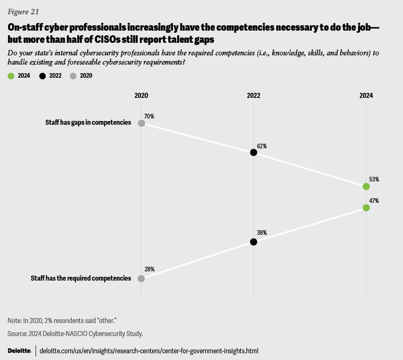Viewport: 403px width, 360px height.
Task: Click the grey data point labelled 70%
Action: [141, 123]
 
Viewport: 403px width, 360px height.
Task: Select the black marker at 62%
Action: [254, 152]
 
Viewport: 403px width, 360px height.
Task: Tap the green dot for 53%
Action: [366, 186]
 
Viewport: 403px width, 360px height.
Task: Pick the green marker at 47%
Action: [366, 208]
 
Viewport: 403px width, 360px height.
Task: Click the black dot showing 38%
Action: [254, 242]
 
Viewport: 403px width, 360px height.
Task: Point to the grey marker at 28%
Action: [141, 279]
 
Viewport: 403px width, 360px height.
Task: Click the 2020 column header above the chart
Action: [141, 95]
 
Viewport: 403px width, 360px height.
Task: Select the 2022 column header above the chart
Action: [254, 95]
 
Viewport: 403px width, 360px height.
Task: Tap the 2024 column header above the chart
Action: [366, 95]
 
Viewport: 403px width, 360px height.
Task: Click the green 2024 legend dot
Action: [11, 76]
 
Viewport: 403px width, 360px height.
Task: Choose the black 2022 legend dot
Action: [42, 76]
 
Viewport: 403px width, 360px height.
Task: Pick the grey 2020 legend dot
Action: [73, 76]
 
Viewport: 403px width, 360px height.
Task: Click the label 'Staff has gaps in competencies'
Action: [88, 123]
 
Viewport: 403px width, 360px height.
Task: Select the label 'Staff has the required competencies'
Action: [81, 278]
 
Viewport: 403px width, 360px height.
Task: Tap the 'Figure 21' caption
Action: [23, 12]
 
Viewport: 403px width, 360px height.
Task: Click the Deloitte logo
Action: [19, 351]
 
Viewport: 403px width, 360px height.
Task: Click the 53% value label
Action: [374, 179]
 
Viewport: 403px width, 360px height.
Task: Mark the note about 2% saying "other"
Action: [62, 321]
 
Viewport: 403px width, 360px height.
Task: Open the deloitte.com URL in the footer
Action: [149, 351]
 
